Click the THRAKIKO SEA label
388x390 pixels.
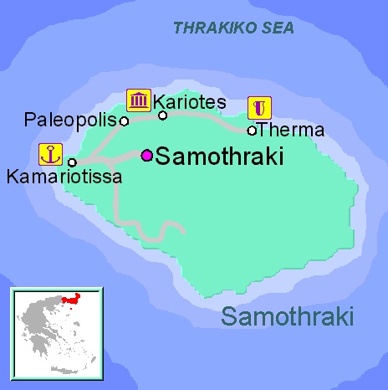pyautogui.click(x=234, y=28)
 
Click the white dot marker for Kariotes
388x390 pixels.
pyautogui.click(x=163, y=115)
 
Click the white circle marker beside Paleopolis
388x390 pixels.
pyautogui.click(x=124, y=121)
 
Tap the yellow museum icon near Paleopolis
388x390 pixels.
pyautogui.click(x=138, y=100)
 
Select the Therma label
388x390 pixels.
pyautogui.click(x=291, y=130)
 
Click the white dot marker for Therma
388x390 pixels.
pyautogui.click(x=252, y=130)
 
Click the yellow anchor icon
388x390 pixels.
pyautogui.click(x=50, y=155)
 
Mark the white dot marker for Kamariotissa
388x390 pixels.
pyautogui.click(x=72, y=162)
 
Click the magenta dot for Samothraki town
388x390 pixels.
pyautogui.click(x=147, y=155)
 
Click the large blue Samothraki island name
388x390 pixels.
pyautogui.click(x=288, y=317)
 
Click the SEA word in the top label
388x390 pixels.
pyautogui.click(x=279, y=28)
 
